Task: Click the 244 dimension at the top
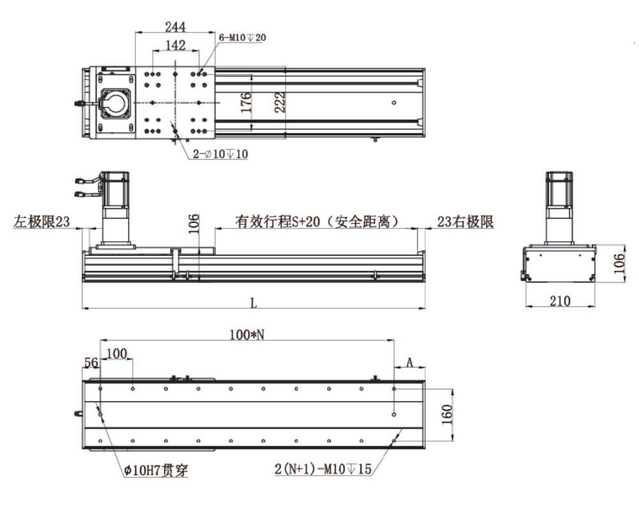tap(174, 26)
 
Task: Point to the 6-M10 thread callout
tap(242, 38)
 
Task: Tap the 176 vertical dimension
tap(246, 102)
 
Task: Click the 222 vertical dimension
tap(280, 102)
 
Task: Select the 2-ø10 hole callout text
tap(220, 154)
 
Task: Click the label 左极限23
tap(42, 222)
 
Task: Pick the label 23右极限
tap(465, 222)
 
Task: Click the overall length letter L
tap(254, 302)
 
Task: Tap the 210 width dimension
tap(560, 301)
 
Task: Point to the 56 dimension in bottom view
tap(91, 363)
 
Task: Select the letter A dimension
tap(410, 363)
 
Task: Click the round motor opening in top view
tap(116, 103)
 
